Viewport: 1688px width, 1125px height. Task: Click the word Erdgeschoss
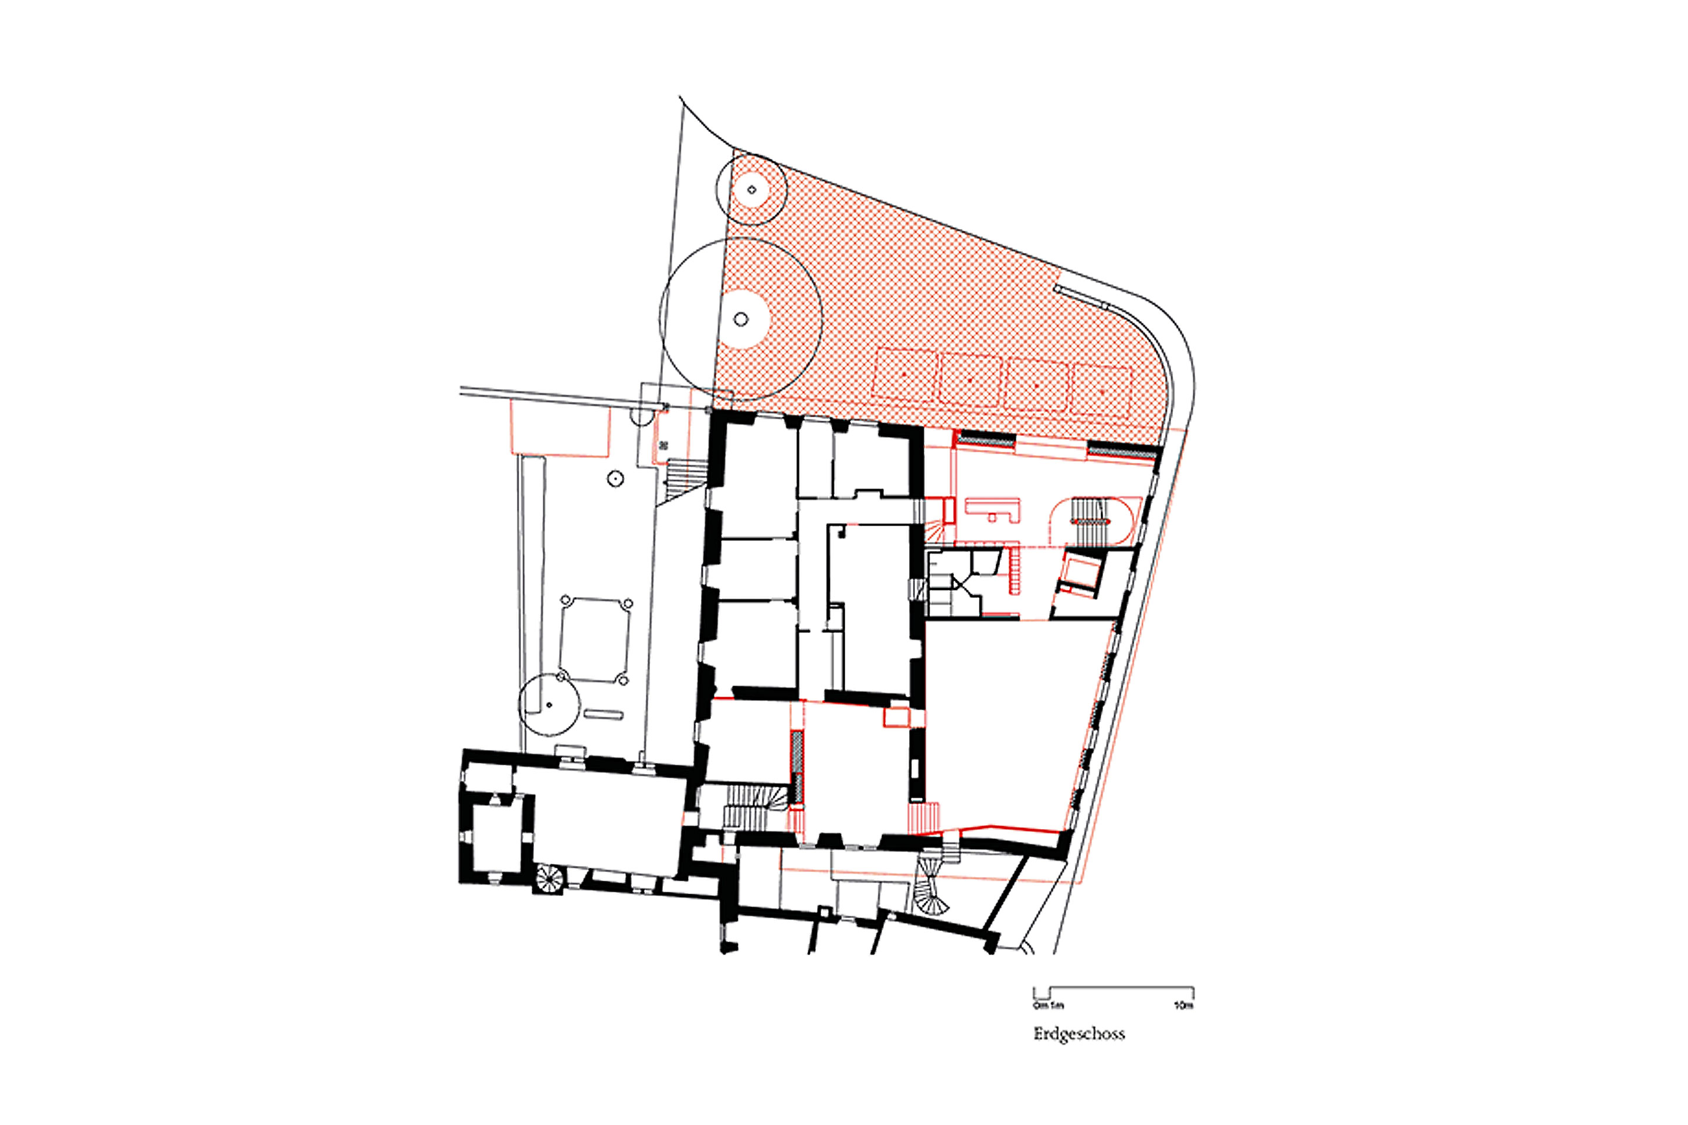point(1078,1034)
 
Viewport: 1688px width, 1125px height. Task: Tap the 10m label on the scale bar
point(1183,1006)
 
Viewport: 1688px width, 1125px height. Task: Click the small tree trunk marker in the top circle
point(751,190)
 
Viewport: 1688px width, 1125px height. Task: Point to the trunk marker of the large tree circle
point(741,319)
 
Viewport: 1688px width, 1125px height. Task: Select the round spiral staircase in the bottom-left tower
point(550,878)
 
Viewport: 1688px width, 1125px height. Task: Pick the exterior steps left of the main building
point(685,474)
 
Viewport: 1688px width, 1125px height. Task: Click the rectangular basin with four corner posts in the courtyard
point(594,640)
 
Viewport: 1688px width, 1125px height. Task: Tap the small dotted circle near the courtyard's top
point(615,479)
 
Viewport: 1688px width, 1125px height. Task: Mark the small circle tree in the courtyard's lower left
point(549,704)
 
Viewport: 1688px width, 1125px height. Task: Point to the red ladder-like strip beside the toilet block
point(1015,569)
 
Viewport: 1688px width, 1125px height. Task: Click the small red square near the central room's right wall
point(896,717)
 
